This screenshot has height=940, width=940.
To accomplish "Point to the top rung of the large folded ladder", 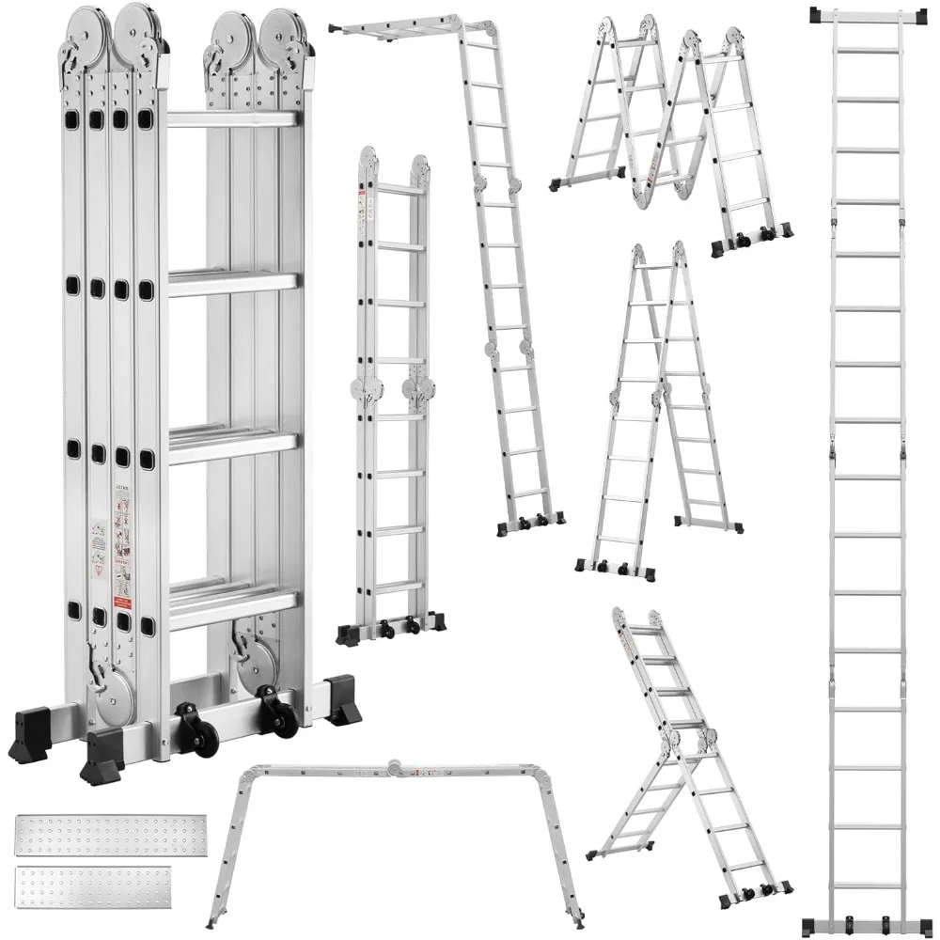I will pos(232,119).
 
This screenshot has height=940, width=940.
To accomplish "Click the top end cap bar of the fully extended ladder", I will pos(862,16).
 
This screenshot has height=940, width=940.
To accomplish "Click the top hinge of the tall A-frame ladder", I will pos(659,255).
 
